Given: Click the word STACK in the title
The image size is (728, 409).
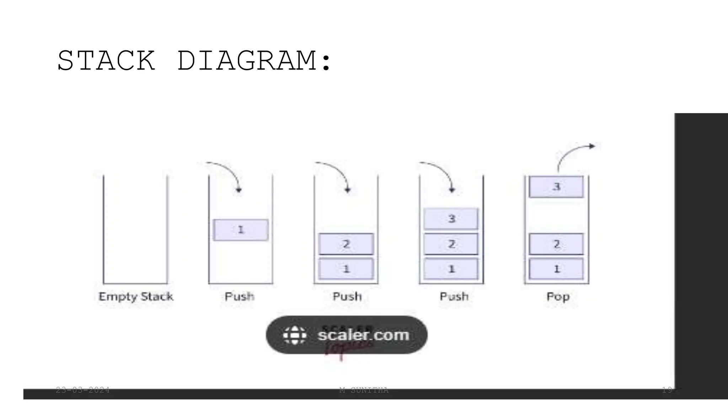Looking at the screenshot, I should tap(106, 61).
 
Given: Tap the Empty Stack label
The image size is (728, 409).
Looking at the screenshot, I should tap(136, 296).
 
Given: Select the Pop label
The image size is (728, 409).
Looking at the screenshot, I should tap(558, 296).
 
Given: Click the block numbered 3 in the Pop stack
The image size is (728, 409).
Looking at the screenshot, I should tap(556, 187).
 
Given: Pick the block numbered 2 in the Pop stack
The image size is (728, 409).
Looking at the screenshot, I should tap(556, 244).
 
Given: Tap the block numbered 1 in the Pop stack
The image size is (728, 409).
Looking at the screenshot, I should tap(556, 269).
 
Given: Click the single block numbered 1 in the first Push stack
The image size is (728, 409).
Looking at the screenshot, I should tap(241, 230).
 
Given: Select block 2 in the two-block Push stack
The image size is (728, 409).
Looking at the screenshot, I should tap(346, 244).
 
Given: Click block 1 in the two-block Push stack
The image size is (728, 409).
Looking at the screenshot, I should tap(346, 269).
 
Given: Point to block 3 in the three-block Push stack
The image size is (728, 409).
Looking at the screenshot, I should tap(451, 219).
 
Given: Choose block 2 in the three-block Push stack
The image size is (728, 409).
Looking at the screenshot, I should tap(451, 244).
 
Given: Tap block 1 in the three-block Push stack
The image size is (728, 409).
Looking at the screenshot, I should tap(451, 269).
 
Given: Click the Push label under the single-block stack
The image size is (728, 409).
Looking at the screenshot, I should tap(240, 296).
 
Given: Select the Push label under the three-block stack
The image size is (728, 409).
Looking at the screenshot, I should tap(454, 296).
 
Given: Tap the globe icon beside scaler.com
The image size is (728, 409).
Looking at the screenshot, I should tap(294, 335).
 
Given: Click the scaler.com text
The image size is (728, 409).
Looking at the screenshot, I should tap(363, 335).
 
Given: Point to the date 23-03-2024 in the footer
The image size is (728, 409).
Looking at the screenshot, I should tap(83, 390).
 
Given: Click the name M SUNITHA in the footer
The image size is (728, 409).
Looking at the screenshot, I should tap(364, 390).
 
